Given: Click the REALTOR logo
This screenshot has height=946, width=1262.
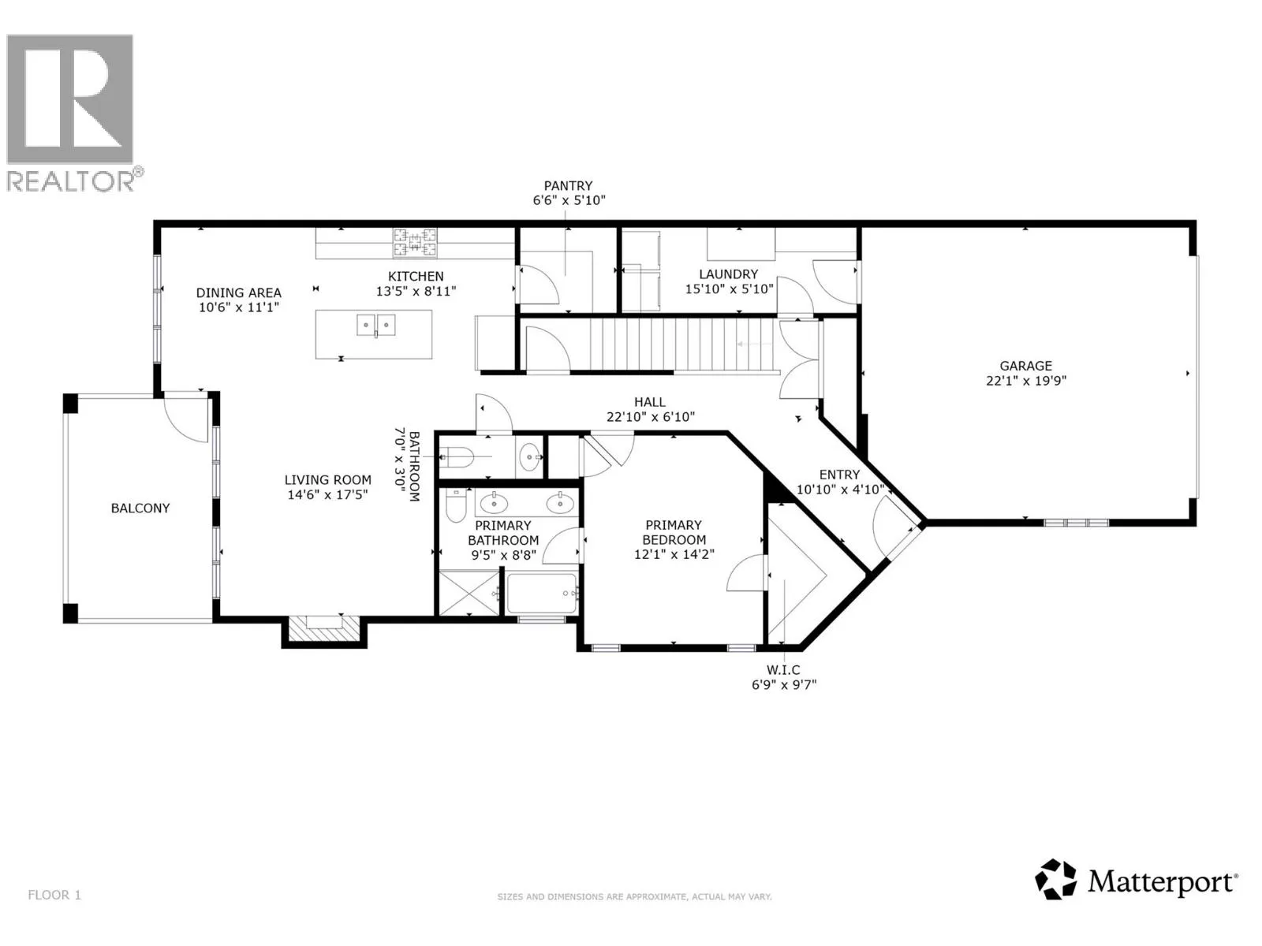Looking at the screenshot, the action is click(74, 113).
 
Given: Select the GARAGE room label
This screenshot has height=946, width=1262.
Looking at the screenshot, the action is click(1025, 366).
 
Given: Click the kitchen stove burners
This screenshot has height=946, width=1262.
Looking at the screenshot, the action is click(415, 242).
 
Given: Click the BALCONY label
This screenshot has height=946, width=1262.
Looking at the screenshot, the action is click(140, 508).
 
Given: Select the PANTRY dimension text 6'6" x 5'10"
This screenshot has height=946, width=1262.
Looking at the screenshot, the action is click(569, 200).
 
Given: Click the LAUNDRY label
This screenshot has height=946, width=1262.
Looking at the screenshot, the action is click(729, 274).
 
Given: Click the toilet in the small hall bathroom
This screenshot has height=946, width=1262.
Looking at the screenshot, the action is click(458, 457).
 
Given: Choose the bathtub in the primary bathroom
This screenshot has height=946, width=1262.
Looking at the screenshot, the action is click(542, 594).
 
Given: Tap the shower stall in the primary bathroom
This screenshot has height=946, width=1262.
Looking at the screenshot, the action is click(469, 592).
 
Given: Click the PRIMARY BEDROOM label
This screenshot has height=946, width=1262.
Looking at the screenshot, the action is click(674, 532).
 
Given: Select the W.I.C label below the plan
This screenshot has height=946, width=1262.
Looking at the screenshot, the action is click(784, 670).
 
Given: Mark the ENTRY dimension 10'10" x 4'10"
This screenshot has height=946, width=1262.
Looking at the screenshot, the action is click(840, 490).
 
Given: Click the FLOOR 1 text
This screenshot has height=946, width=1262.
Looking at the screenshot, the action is click(54, 895).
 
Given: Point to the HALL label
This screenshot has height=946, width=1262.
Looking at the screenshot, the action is click(650, 402).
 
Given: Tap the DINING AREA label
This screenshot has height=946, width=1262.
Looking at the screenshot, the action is click(239, 293).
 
